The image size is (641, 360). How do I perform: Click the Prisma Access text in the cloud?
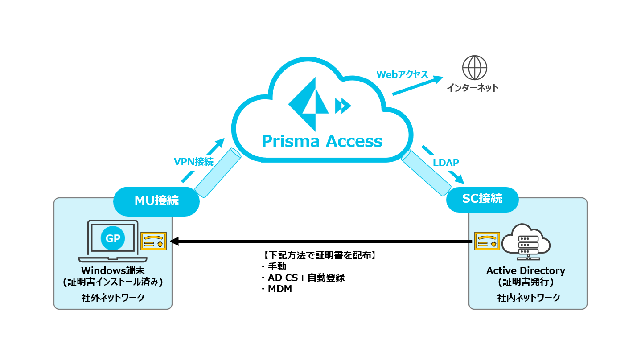click(322, 141)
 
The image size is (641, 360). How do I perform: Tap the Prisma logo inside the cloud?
click(308, 104)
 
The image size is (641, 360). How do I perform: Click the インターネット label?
click(473, 88)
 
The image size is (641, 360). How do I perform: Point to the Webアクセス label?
click(402, 74)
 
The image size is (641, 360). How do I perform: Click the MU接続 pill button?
click(156, 201)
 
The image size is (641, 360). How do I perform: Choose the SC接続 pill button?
click(482, 199)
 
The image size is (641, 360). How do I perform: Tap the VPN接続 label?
click(193, 162)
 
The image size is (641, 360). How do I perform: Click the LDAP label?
click(446, 163)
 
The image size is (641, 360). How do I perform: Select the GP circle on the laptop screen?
click(113, 238)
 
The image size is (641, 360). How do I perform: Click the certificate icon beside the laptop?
click(154, 241)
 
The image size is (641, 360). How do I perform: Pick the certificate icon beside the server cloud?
click(486, 241)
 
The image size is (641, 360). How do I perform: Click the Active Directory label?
click(526, 270)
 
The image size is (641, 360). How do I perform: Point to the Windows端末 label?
click(113, 270)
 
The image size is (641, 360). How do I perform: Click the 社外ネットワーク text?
click(113, 297)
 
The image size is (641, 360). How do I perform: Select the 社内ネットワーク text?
click(528, 297)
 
